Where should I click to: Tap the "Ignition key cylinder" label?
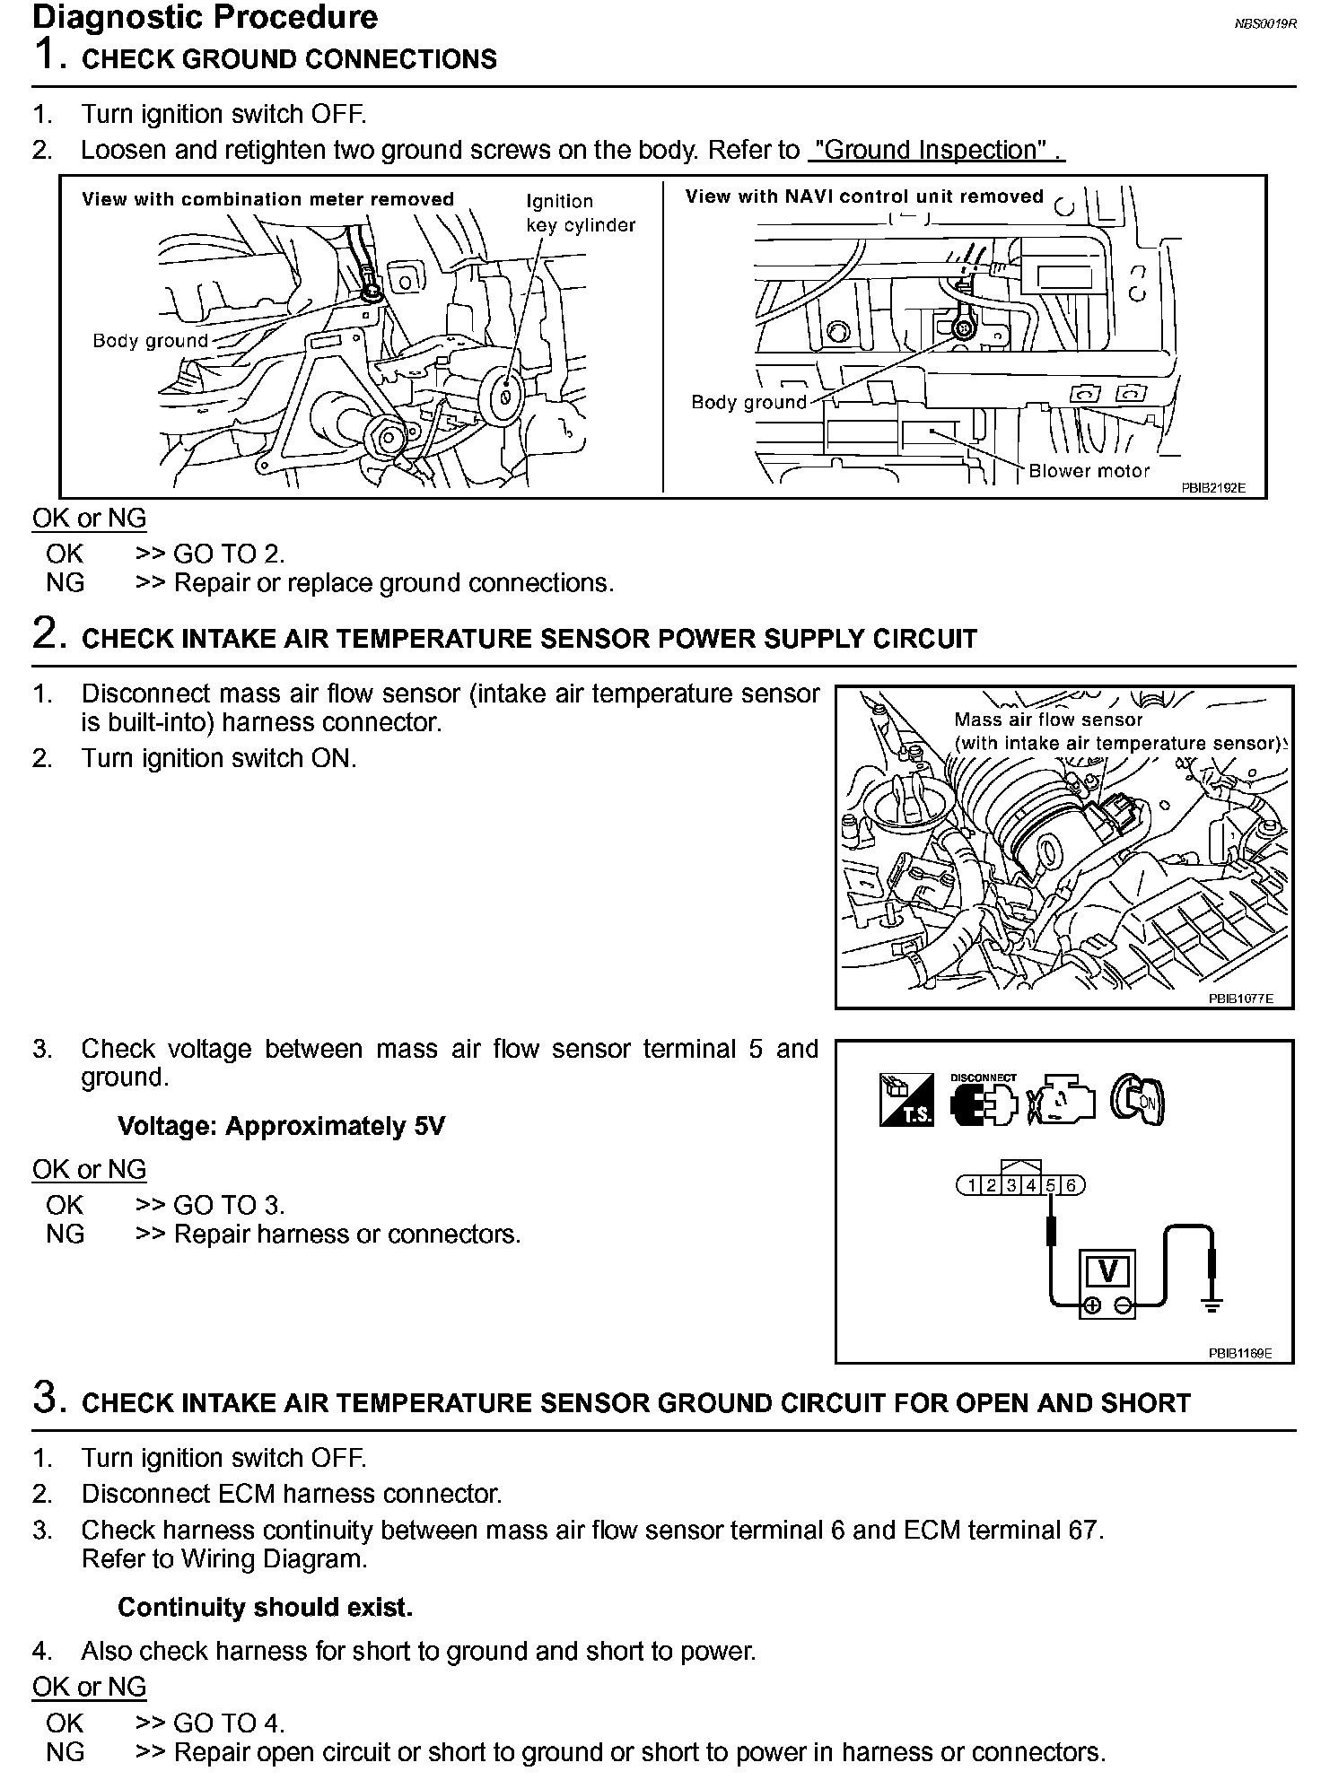580,214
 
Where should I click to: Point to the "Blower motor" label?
1089,471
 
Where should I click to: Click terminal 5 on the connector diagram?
1050,1186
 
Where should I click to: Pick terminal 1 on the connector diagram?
972,1186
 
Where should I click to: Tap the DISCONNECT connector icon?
984,1100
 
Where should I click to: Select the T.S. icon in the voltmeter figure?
906,1100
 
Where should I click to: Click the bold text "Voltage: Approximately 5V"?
281,1126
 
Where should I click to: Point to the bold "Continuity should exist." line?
265,1607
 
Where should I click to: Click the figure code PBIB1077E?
1240,999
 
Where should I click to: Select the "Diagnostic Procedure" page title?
205,17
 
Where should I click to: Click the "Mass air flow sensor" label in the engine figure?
1048,720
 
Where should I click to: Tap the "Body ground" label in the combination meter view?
150,341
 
